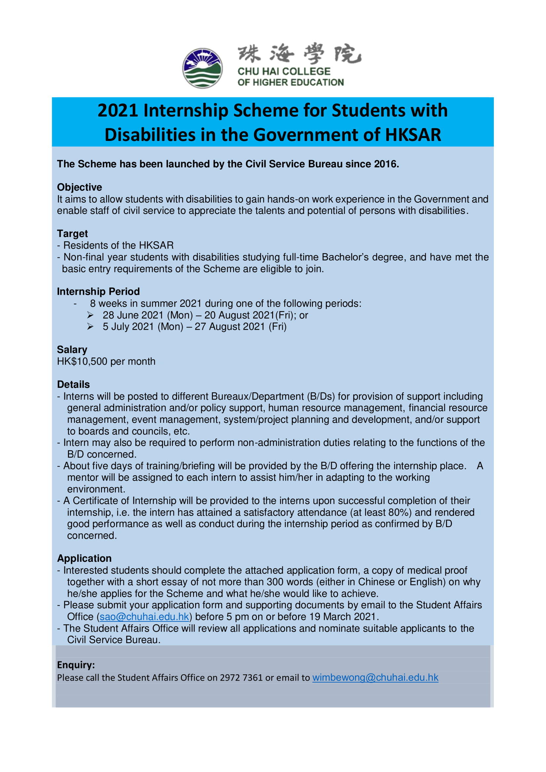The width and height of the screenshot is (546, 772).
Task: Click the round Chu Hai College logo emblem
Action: pyautogui.click(x=202, y=68)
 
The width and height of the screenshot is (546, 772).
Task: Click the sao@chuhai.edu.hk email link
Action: pyautogui.click(x=144, y=617)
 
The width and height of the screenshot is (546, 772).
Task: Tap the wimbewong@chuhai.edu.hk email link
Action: pyautogui.click(x=375, y=677)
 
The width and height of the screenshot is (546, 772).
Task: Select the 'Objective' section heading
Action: pyautogui.click(x=79, y=187)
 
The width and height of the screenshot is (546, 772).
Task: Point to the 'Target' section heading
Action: pyautogui.click(x=72, y=233)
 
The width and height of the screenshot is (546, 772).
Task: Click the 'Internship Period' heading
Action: pyautogui.click(x=98, y=291)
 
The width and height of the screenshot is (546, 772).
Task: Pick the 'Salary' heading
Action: pyautogui.click(x=72, y=349)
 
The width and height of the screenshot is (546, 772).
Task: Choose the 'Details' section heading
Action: pyautogui.click(x=73, y=384)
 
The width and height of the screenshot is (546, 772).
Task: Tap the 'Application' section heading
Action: pyautogui.click(x=84, y=558)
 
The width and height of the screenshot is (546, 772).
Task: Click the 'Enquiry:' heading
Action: pyautogui.click(x=76, y=665)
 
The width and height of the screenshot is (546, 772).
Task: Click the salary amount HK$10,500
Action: pyautogui.click(x=82, y=361)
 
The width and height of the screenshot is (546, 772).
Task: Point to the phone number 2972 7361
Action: pyautogui.click(x=241, y=678)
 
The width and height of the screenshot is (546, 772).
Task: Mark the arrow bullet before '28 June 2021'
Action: pyautogui.click(x=90, y=315)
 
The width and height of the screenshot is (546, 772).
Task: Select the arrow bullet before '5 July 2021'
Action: pyautogui.click(x=90, y=326)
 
